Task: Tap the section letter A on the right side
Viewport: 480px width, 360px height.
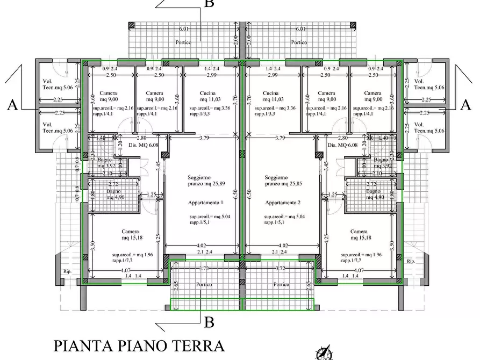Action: tap(465, 105)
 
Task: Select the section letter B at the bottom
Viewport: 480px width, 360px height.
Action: tap(209, 322)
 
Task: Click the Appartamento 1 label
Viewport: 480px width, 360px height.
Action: tap(205, 203)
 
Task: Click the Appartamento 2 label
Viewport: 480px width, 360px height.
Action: tap(282, 203)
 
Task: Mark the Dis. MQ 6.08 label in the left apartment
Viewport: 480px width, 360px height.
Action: tap(143, 145)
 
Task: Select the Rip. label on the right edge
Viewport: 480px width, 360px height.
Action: tap(411, 261)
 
